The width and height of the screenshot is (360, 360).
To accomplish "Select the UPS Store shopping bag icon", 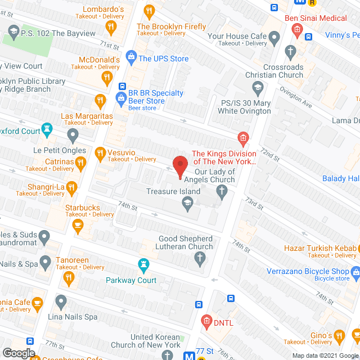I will point(130,57).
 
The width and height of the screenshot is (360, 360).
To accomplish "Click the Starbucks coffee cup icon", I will point(78,226).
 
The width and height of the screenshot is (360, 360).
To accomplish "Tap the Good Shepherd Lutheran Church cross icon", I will point(199,259).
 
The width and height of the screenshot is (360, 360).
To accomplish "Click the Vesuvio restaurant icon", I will point(100,152).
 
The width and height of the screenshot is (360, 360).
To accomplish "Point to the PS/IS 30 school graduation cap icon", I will point(257,87).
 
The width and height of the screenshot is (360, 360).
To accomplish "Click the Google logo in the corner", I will point(19,353).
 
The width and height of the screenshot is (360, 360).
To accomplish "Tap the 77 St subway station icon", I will point(189,355).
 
